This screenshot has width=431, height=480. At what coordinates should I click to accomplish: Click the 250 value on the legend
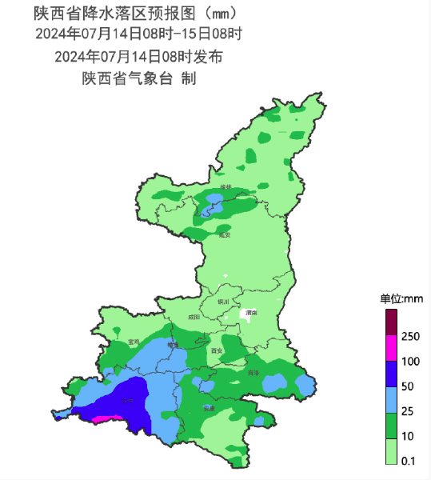click(411, 336)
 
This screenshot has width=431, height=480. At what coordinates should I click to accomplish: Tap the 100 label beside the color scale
click(411, 362)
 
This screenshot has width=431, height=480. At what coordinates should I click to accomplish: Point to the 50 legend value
click(409, 387)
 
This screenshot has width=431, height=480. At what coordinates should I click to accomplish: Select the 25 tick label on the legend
click(409, 412)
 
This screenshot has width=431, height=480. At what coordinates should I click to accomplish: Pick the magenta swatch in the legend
click(391, 348)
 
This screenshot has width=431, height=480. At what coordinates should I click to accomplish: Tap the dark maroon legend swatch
click(391, 322)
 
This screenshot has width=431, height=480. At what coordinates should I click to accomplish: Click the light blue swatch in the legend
click(391, 399)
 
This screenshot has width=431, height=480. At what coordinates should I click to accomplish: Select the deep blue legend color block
click(391, 374)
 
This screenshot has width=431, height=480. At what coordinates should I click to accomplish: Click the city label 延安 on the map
click(224, 235)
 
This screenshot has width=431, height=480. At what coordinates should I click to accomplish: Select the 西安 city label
click(215, 351)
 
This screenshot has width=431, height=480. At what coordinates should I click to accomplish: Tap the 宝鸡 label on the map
click(134, 342)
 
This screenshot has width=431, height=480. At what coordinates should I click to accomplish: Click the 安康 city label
click(209, 408)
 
